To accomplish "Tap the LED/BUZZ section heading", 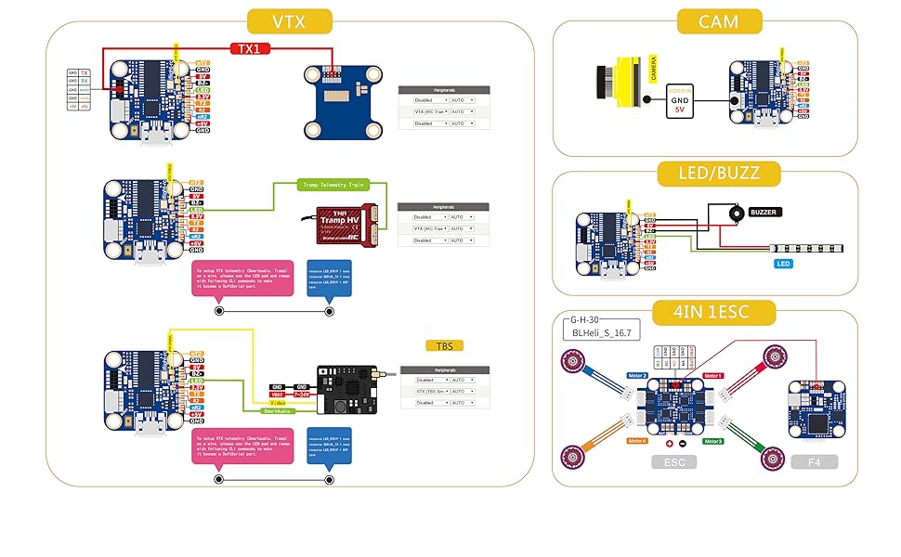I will coord(720,172).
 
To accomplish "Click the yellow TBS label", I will coord(444,345).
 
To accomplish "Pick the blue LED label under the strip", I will coord(784,263).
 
